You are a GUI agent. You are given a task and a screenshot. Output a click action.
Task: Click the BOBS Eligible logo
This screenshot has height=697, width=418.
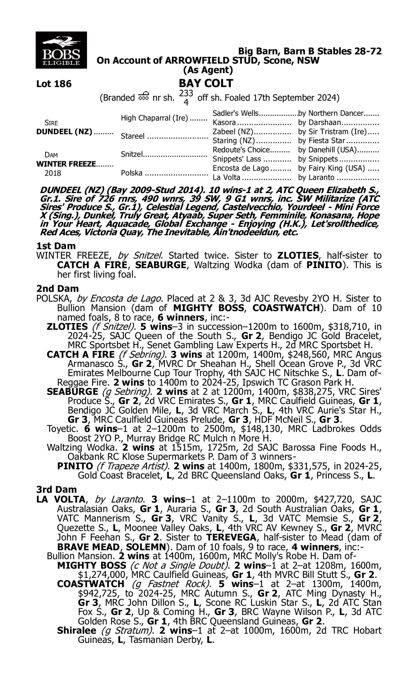[x=61, y=50]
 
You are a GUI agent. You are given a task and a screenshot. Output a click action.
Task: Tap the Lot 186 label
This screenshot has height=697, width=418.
[x=54, y=84]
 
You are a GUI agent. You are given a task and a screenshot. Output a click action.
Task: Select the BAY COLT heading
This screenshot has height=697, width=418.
[x=206, y=83]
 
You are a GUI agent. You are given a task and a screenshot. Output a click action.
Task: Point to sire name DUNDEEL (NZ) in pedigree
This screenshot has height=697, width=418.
[x=64, y=132]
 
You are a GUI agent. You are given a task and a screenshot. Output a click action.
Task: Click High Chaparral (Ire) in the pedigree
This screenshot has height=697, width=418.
[x=154, y=118]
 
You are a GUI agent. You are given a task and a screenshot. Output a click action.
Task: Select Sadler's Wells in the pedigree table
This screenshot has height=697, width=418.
[x=235, y=113]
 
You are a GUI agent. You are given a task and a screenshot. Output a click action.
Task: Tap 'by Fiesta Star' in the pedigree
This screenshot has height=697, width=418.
[x=322, y=141]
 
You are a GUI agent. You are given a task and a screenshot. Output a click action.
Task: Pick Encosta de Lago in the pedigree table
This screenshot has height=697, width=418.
[x=240, y=168]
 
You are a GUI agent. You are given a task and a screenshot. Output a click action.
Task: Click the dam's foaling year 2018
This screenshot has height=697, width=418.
[x=53, y=173]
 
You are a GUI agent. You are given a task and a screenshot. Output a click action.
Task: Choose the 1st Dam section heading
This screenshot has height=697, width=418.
[x=56, y=246]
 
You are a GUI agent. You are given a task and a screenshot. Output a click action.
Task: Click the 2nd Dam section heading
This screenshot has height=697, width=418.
[x=57, y=289]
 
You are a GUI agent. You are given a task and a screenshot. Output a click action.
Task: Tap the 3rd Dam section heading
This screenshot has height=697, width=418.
[x=56, y=489]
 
